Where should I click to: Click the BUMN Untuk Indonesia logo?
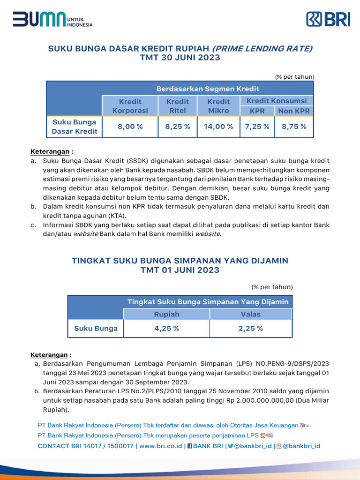coord(52,19)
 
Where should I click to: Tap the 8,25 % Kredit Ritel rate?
coord(178,127)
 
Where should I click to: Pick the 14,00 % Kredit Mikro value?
coord(218,127)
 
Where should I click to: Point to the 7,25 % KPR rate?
coord(256,127)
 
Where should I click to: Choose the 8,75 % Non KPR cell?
coord(294,127)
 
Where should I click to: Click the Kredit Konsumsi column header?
coord(277,101)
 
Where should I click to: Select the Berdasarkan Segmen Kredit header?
coord(208,89)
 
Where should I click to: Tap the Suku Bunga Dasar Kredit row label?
coord(75,127)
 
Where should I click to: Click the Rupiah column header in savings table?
coord(166,314)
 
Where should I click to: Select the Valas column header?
coord(251,314)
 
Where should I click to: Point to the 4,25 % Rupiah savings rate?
coord(166,328)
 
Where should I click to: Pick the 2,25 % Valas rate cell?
coord(251,328)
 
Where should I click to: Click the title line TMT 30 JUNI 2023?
coord(180,58)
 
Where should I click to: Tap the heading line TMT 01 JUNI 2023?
coord(180,270)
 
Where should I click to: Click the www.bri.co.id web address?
coord(161,446)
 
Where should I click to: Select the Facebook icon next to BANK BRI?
coord(189,446)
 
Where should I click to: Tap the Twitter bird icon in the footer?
coord(231,446)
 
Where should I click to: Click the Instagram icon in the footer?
coord(279,446)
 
